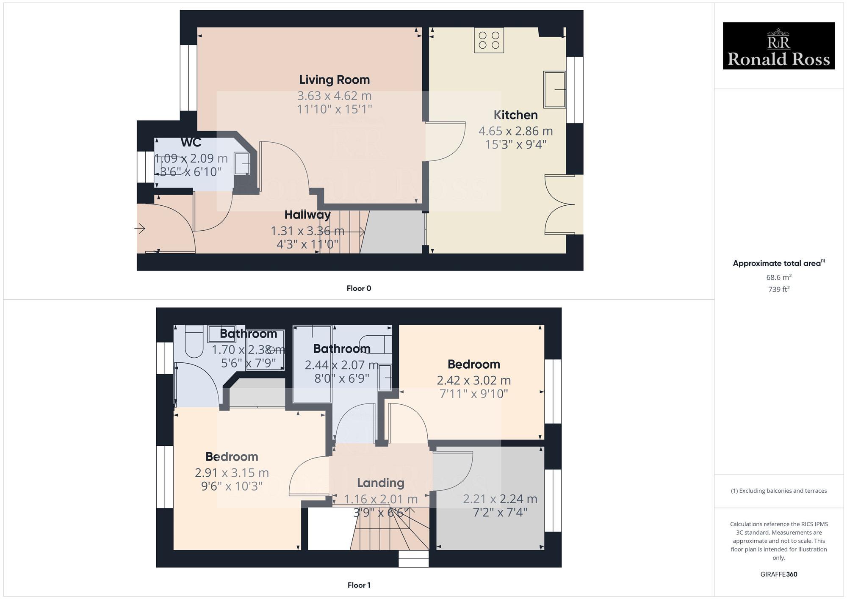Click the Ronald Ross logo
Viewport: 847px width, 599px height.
pyautogui.click(x=778, y=46)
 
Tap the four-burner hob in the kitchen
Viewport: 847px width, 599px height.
pyautogui.click(x=489, y=40)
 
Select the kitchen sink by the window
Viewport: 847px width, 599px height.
pyautogui.click(x=554, y=89)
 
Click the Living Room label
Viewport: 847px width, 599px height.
pyautogui.click(x=334, y=80)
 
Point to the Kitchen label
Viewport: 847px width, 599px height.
pyautogui.click(x=515, y=115)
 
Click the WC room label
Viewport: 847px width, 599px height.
pyautogui.click(x=191, y=142)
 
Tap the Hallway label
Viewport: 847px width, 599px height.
pyautogui.click(x=307, y=215)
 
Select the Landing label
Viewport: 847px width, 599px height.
pyautogui.click(x=380, y=483)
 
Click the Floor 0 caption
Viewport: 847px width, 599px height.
pyautogui.click(x=359, y=288)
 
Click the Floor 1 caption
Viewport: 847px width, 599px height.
pyautogui.click(x=359, y=585)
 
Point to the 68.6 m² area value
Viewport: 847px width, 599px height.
pyautogui.click(x=778, y=277)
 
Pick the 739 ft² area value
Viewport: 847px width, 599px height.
pyautogui.click(x=778, y=289)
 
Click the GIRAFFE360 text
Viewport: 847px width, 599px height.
pyautogui.click(x=778, y=574)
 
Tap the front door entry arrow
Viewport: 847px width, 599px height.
pyautogui.click(x=140, y=229)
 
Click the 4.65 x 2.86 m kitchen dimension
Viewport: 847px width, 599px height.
pyautogui.click(x=515, y=131)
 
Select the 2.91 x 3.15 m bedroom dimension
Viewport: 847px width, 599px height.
pyautogui.click(x=232, y=472)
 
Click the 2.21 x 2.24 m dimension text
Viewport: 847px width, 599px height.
pyautogui.click(x=500, y=499)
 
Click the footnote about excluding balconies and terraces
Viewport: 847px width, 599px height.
pyautogui.click(x=778, y=491)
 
